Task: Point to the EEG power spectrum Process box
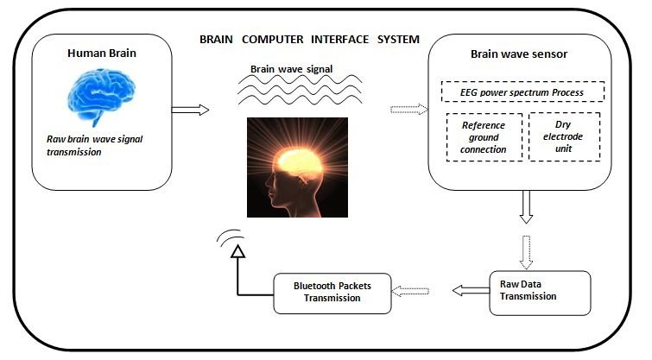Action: (521, 92)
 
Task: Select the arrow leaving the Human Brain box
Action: (191, 110)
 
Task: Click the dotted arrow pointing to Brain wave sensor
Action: (410, 110)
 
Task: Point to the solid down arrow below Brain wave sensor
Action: (527, 207)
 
